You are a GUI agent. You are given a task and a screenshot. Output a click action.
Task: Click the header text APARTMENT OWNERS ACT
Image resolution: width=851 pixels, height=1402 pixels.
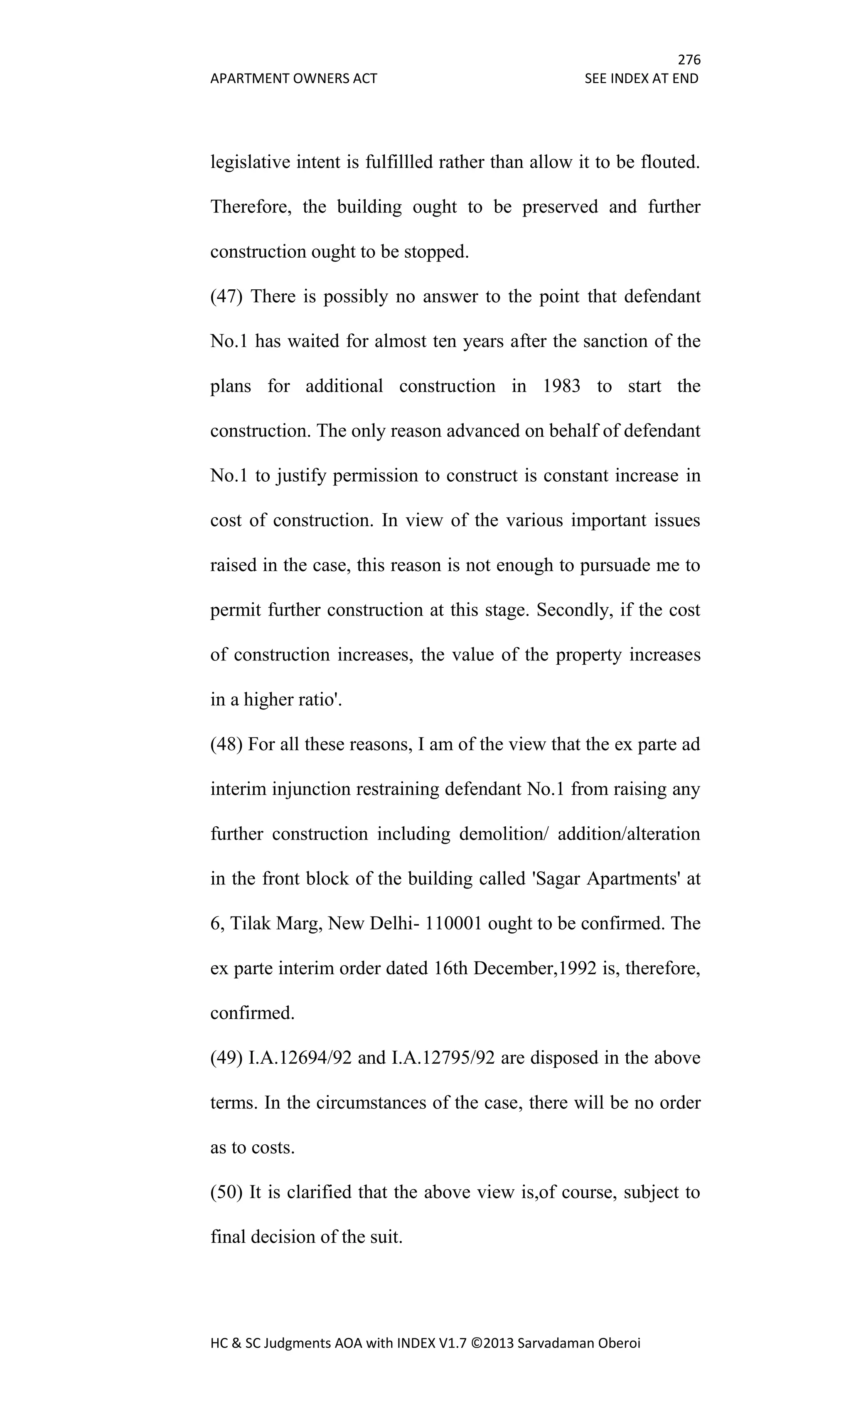pyautogui.click(x=293, y=79)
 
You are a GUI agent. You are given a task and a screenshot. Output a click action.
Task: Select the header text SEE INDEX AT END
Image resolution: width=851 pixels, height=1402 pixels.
pyautogui.click(x=641, y=79)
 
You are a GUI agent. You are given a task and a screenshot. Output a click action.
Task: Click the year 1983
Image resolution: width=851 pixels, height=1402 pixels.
pyautogui.click(x=561, y=386)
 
